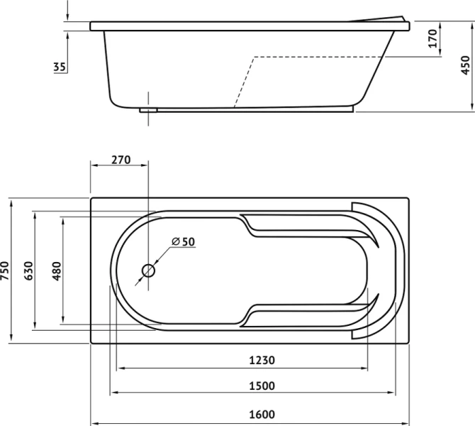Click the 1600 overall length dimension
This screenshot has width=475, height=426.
coord(262,414)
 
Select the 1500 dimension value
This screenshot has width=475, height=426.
coord(262,386)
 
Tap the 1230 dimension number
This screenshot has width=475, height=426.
coord(262,360)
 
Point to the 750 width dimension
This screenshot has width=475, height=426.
coord(5,271)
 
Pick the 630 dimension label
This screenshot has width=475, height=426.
coord(28,271)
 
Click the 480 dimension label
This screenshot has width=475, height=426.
coord(56,271)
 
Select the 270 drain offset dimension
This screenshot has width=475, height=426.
coord(121,160)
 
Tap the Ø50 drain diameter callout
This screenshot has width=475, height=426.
coord(184,241)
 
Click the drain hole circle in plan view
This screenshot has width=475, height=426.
coord(148,271)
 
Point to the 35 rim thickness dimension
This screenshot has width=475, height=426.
coord(60,67)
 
